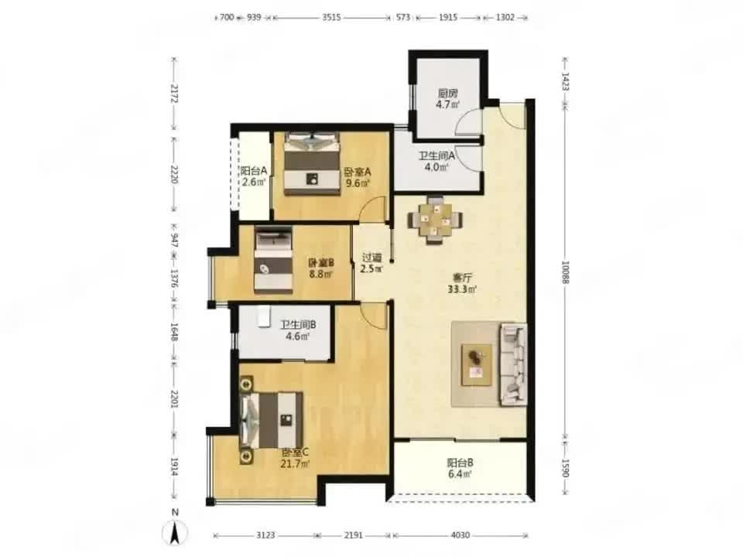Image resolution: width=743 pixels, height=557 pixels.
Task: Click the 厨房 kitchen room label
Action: click(448, 94)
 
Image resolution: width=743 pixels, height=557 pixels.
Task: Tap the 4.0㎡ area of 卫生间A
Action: click(437, 167)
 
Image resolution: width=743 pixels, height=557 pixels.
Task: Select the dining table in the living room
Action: click(436, 220)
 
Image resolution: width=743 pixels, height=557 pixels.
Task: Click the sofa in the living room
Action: click(514, 364)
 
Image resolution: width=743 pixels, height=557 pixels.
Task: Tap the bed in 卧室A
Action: click(312, 163)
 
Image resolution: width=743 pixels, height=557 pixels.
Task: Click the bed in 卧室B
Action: click(273, 260)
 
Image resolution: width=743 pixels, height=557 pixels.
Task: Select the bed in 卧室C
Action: click(271, 419)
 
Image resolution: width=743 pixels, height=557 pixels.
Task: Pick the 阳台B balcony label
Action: click(460, 463)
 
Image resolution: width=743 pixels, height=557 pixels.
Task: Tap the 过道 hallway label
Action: click(371, 258)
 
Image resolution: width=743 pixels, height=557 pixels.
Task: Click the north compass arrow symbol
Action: click(175, 533)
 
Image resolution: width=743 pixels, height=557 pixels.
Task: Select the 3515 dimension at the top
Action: click(331, 18)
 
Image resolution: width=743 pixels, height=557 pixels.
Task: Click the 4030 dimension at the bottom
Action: click(460, 535)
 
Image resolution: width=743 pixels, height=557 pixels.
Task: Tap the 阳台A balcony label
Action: click(254, 170)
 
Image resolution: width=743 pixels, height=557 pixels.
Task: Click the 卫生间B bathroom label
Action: click(298, 325)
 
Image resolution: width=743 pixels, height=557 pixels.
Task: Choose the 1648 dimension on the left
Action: click(174, 332)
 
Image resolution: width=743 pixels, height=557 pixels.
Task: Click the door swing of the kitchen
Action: click(467, 121)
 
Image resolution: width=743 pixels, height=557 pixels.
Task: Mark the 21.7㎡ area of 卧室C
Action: click(295, 463)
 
